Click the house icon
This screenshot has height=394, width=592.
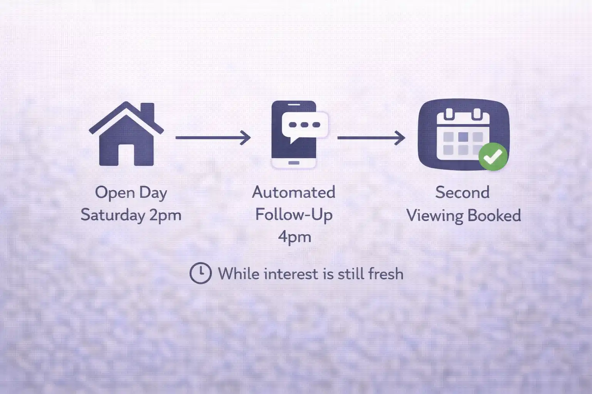tap(126, 135)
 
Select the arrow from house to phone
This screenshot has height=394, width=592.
tap(213, 137)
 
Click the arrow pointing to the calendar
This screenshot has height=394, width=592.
tap(371, 137)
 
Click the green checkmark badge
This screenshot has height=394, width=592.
tap(493, 156)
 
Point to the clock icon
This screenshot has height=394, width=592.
tap(200, 274)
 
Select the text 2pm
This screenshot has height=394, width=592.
tap(165, 215)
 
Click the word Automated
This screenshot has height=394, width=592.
tap(294, 192)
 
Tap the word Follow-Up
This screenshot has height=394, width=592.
tap(294, 215)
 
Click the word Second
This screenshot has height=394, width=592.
tap(462, 192)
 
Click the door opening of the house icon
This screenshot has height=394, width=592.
tap(126, 155)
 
